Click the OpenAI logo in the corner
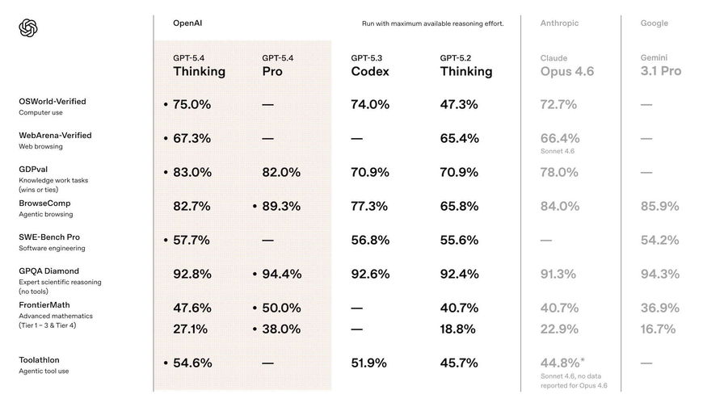pos(28,28)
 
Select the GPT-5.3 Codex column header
pos(369,65)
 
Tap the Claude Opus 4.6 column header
pos(566,65)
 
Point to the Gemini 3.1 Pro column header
pos(660,65)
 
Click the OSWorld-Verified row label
pos(52,102)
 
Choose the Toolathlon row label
pos(39,360)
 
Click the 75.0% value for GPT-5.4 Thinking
pos(192,104)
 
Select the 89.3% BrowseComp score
pos(281,206)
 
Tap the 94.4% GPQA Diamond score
pos(281,274)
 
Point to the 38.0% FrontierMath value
pos(281,329)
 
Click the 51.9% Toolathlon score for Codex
pos(370,363)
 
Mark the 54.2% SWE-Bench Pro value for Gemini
pos(659,240)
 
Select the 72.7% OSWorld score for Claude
pos(559,104)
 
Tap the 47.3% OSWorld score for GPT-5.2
pos(459,104)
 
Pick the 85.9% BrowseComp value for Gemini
pos(659,206)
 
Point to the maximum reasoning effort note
pos(432,24)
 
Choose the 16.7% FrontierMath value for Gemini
pos(659,329)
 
